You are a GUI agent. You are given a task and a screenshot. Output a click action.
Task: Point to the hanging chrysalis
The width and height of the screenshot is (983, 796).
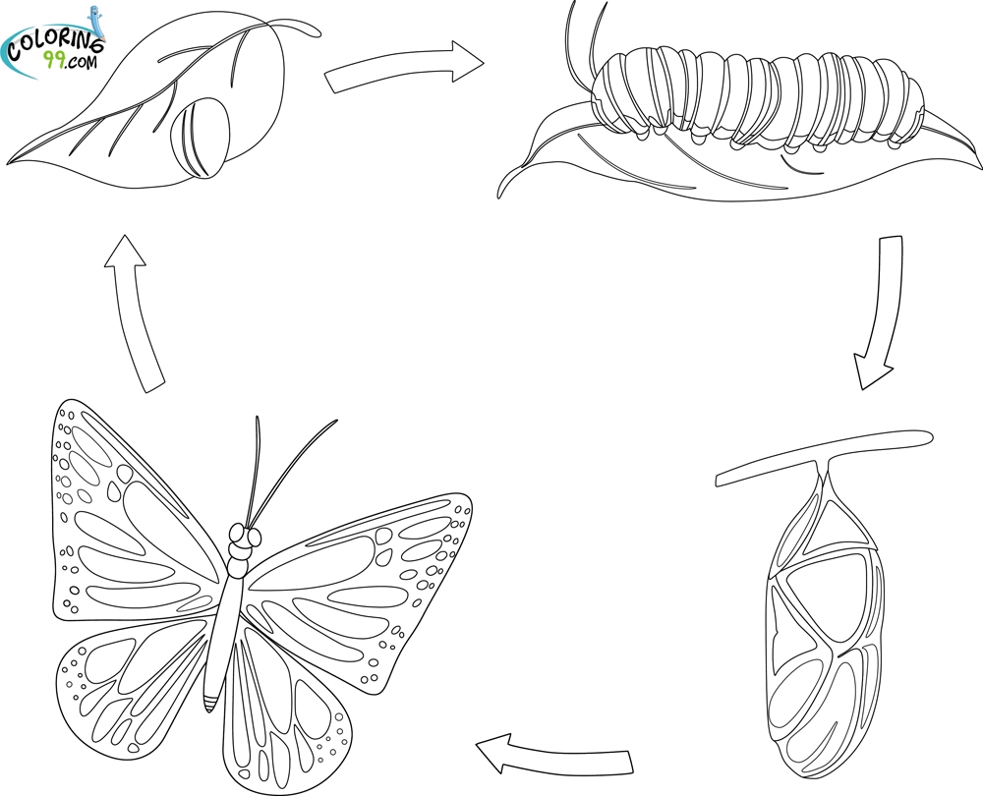(x=816, y=629)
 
